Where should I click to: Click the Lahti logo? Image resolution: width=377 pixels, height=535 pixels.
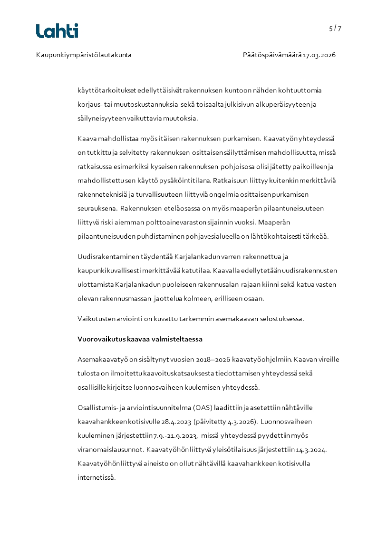pyautogui.click(x=57, y=31)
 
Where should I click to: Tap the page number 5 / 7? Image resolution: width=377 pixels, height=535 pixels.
pyautogui.click(x=335, y=28)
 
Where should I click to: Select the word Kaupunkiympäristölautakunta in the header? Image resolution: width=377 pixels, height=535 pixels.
pyautogui.click(x=84, y=55)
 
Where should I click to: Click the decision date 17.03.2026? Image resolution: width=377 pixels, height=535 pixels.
pyautogui.click(x=319, y=55)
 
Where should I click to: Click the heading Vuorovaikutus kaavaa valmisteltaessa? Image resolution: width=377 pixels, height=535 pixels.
pyautogui.click(x=140, y=339)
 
